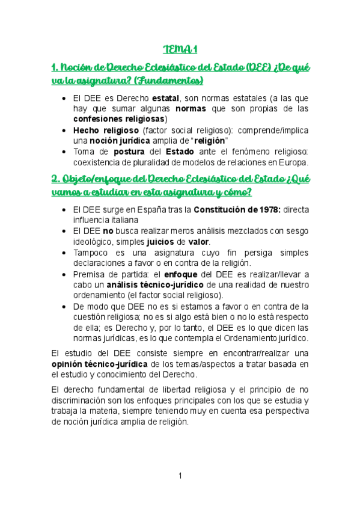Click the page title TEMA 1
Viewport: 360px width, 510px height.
pyautogui.click(x=180, y=49)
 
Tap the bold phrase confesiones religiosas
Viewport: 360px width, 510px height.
pyautogui.click(x=118, y=119)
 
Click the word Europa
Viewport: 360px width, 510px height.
pyautogui.click(x=290, y=162)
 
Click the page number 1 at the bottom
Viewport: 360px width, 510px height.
pyautogui.click(x=180, y=476)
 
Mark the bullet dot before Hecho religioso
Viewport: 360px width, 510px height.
pyautogui.click(x=64, y=131)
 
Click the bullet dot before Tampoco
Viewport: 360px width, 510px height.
pyautogui.click(x=64, y=253)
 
